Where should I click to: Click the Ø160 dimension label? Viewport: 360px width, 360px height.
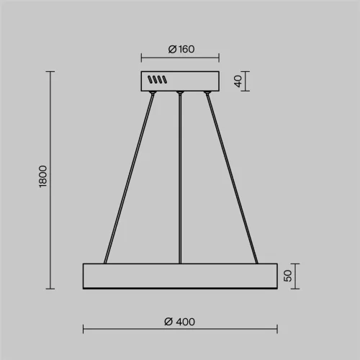click(x=181, y=49)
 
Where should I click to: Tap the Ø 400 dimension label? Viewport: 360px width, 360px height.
click(x=179, y=322)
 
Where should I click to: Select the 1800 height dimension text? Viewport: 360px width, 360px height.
click(x=42, y=176)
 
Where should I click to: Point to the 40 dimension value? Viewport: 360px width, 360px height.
click(x=238, y=81)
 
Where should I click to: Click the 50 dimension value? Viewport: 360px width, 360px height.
click(x=287, y=276)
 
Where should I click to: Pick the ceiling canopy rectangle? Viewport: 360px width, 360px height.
click(x=180, y=81)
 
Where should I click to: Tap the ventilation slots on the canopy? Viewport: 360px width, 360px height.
click(x=157, y=79)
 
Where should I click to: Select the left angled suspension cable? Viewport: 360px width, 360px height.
click(x=129, y=179)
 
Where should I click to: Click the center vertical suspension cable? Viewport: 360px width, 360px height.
click(x=180, y=179)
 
